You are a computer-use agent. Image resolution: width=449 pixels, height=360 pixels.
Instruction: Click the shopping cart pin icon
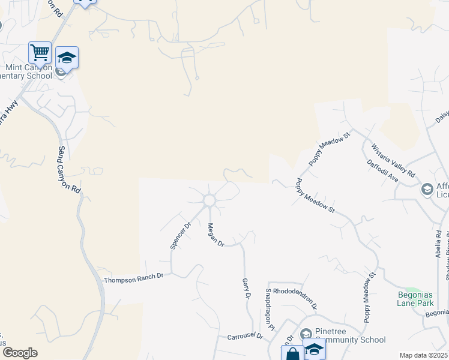[x=40, y=52]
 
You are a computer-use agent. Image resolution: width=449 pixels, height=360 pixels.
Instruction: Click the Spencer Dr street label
[x=179, y=235]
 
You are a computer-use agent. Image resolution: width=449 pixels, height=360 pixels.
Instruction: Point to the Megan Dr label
[x=215, y=235]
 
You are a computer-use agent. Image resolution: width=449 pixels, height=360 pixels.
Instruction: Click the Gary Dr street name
[x=246, y=289]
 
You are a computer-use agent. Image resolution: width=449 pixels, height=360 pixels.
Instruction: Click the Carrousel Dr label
[x=245, y=337]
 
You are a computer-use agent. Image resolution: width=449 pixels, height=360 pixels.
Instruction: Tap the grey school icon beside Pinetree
[x=306, y=334]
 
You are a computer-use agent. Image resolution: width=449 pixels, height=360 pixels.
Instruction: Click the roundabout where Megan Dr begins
[x=209, y=200]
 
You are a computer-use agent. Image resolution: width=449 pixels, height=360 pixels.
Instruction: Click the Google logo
[x=20, y=353]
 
